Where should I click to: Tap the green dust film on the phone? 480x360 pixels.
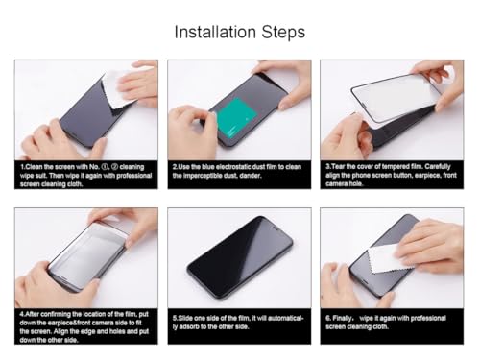(x=233, y=118)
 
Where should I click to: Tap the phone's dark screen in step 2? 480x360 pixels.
(x=254, y=96)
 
